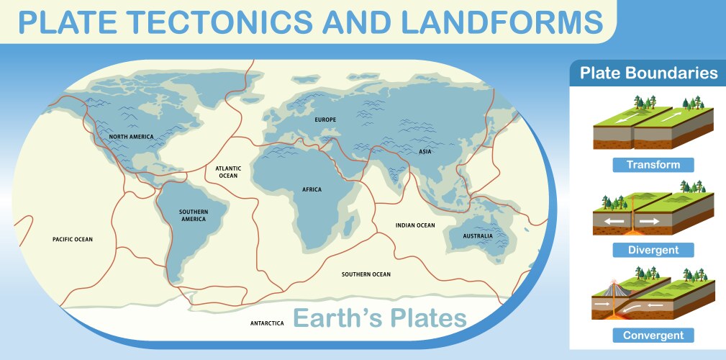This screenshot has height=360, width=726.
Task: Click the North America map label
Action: pos(132,136)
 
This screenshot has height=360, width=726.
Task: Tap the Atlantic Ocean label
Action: pos(227,171)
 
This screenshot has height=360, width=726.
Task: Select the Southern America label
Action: pos(194,215)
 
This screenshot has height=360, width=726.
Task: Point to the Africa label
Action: pos(312,189)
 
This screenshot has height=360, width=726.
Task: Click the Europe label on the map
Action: pos(326,119)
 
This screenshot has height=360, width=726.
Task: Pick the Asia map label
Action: pos(425,152)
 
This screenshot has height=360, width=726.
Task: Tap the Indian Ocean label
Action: pos(415,225)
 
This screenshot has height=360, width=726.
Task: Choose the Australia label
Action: pos(478,235)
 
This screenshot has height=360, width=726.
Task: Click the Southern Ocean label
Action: pos(366,274)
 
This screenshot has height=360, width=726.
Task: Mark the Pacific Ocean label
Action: pos(73,239)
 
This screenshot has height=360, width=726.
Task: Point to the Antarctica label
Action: pos(267,323)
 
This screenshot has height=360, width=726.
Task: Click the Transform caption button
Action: pos(653,165)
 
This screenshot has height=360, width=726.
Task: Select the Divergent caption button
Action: pos(653,250)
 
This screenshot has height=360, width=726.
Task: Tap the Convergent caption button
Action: pos(653,335)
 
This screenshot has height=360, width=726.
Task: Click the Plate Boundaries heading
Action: pos(648,73)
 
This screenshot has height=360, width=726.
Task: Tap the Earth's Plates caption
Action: pos(380,317)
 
